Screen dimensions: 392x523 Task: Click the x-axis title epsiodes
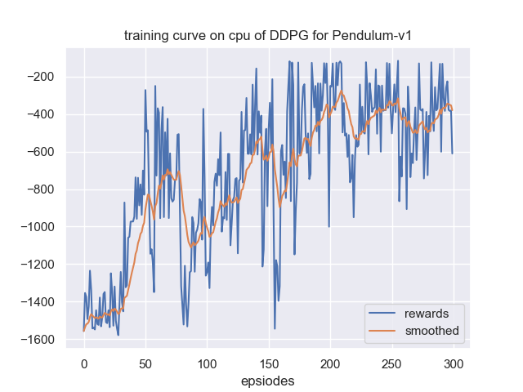[x=268, y=381]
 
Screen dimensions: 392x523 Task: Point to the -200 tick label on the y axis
[x=42, y=78]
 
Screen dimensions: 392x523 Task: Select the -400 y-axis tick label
[x=42, y=115]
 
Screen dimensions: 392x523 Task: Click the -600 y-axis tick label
[x=42, y=153]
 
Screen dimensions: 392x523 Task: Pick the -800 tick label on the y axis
[x=42, y=190]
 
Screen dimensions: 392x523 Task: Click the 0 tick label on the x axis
[x=83, y=362]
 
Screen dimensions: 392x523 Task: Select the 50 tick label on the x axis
[x=145, y=362]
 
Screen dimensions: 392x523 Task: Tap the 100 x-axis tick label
[x=207, y=362]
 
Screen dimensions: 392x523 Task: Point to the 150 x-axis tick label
[x=269, y=362]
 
